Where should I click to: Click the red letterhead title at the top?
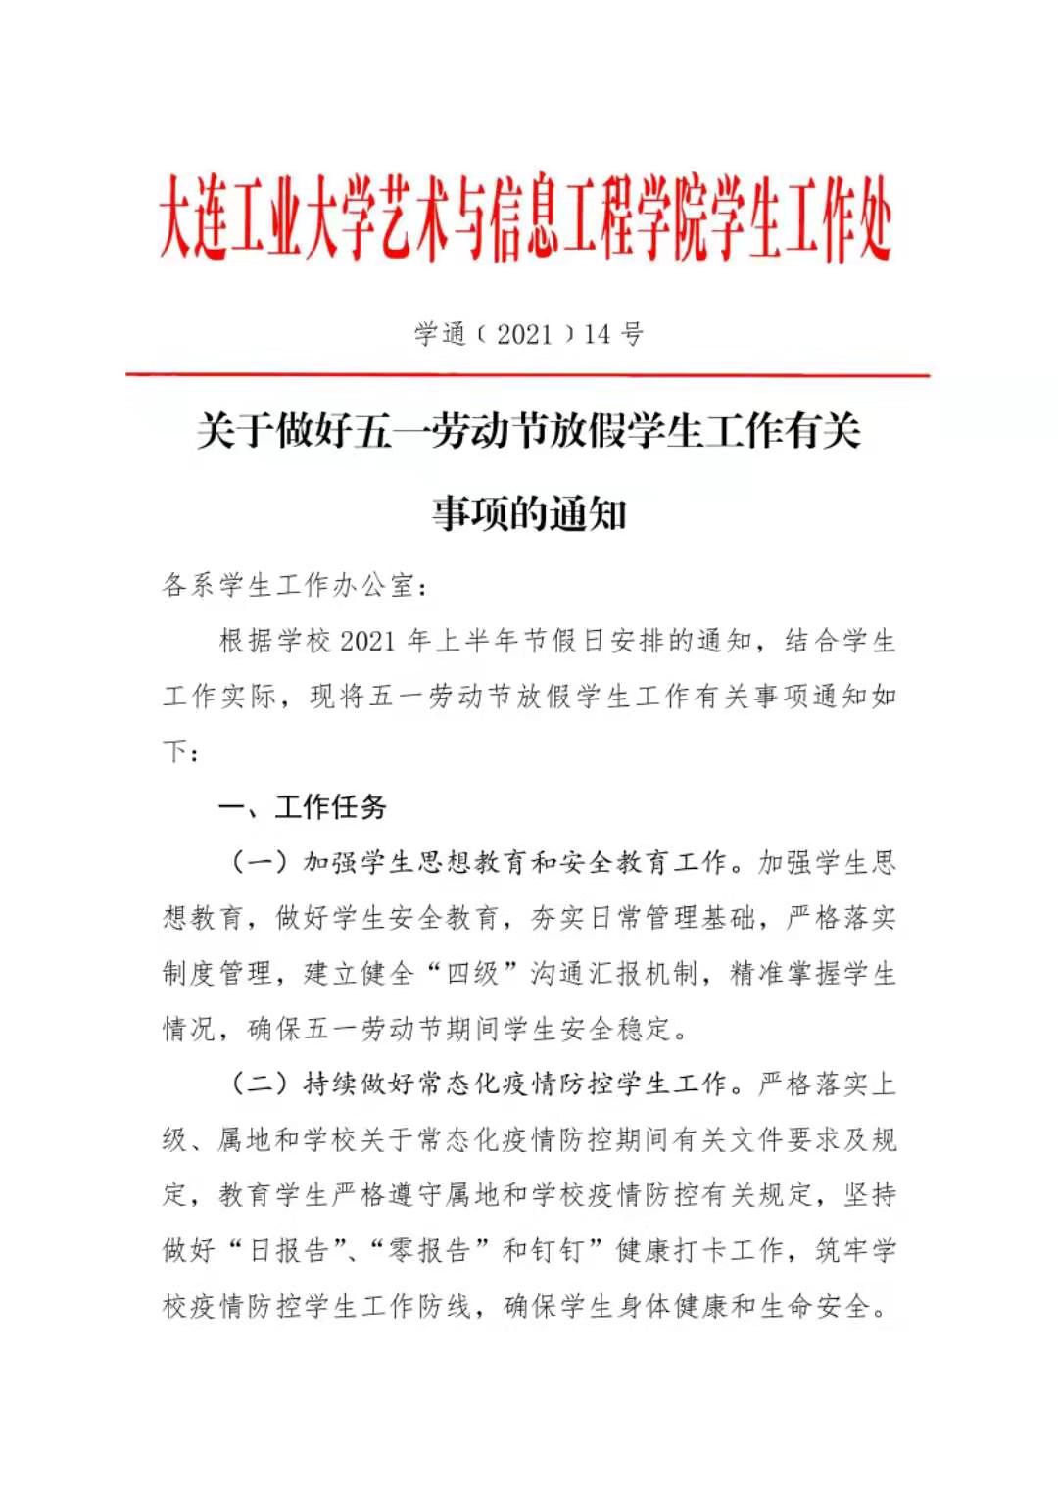(526, 218)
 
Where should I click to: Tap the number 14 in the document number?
(598, 335)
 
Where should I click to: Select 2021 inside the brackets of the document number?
(525, 335)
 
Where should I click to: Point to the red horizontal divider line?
(527, 374)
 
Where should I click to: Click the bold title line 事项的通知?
(529, 513)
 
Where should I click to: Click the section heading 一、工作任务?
(303, 807)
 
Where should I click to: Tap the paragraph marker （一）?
(260, 862)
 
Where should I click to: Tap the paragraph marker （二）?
(260, 1084)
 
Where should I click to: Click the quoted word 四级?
(473, 973)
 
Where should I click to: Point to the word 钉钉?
(557, 1250)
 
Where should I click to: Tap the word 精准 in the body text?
(757, 973)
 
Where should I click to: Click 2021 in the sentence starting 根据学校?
(366, 642)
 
